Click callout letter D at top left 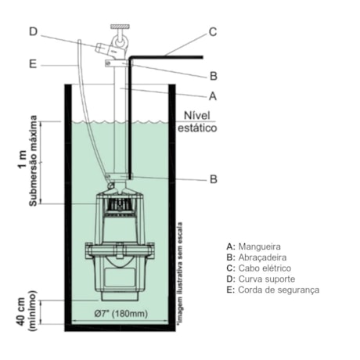tap(32, 31)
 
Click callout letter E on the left tap(32, 65)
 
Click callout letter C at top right tap(212, 32)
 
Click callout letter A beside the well tap(212, 97)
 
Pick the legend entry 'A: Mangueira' tap(250, 246)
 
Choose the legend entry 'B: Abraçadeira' tap(255, 257)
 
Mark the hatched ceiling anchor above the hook tap(120, 27)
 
